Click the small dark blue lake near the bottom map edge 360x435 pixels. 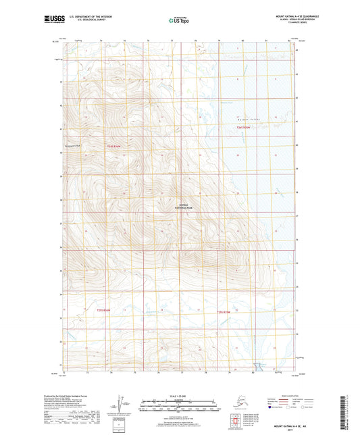[257, 369]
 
